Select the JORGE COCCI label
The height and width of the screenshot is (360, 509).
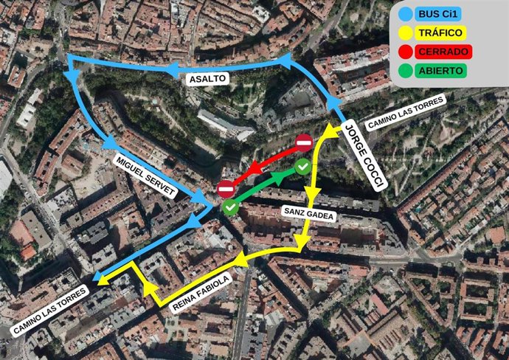point(365,154)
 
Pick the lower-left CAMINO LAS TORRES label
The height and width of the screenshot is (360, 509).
point(50,311)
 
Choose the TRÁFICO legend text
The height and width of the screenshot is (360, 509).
point(440,34)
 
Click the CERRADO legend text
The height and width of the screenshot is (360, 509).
point(443,52)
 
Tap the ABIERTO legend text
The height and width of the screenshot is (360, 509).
point(440,71)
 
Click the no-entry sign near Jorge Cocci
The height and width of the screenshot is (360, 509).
point(304,142)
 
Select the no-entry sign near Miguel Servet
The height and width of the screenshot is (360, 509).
point(226,189)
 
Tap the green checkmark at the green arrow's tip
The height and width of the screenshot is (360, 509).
point(302,167)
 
